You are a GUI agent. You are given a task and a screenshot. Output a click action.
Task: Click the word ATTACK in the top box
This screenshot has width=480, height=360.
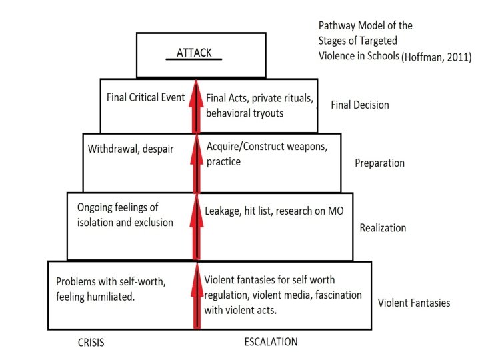tap(198, 53)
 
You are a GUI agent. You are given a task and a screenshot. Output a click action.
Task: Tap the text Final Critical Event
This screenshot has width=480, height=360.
tap(145, 97)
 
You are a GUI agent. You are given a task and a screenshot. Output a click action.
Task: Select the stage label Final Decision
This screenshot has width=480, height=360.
tap(360, 105)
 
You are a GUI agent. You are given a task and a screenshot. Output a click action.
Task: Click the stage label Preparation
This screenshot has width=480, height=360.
tap(379, 163)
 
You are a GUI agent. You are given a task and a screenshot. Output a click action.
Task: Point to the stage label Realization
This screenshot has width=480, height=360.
tap(383, 227)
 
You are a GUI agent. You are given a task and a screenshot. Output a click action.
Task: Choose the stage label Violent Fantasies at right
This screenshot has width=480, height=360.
tap(413, 303)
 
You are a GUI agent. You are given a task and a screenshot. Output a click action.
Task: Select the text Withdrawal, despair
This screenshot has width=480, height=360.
tap(131, 148)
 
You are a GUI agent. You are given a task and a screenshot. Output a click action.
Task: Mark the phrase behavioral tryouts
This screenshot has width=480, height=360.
tap(245, 113)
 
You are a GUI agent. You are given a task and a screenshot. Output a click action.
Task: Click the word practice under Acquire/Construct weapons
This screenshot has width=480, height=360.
tap(223, 162)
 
